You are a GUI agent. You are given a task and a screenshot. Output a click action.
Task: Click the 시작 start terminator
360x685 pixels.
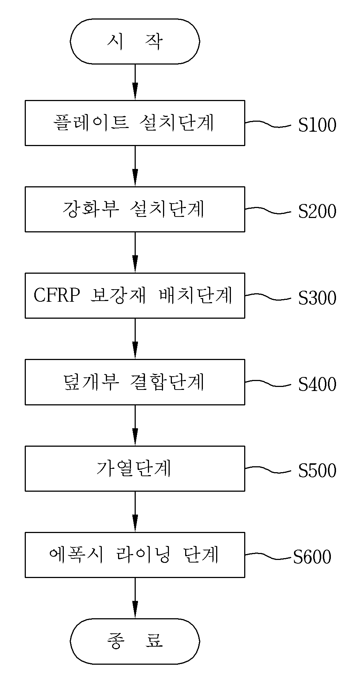(135, 41)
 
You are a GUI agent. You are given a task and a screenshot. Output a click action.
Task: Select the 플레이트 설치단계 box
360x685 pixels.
(135, 123)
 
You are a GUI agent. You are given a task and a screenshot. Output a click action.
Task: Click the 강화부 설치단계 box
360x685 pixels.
(135, 209)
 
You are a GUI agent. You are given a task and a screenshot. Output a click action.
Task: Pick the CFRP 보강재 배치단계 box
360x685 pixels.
(135, 295)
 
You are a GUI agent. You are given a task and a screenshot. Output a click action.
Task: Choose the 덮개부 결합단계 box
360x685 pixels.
(135, 382)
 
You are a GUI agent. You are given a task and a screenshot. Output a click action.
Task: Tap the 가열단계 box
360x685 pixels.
(135, 468)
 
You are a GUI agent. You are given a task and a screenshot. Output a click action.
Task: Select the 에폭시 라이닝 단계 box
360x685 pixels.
(135, 555)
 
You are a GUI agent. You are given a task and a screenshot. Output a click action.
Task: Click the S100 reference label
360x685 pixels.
(317, 125)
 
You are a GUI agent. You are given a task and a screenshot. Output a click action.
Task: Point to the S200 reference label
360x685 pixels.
(317, 211)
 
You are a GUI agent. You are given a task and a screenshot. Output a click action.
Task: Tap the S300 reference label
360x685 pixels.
(317, 298)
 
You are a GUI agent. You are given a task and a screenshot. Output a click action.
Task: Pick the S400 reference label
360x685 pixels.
(317, 384)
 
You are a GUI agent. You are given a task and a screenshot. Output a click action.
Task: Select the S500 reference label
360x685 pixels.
(317, 471)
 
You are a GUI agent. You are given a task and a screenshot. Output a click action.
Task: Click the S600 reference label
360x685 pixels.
(312, 557)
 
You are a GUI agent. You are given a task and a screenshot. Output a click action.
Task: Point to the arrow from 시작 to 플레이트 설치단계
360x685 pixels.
(135, 82)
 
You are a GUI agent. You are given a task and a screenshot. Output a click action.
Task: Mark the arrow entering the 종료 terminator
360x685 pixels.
(135, 598)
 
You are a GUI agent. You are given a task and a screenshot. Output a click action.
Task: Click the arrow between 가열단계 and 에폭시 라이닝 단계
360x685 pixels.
(135, 512)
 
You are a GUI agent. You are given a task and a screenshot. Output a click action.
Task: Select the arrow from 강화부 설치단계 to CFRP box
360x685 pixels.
(135, 252)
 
